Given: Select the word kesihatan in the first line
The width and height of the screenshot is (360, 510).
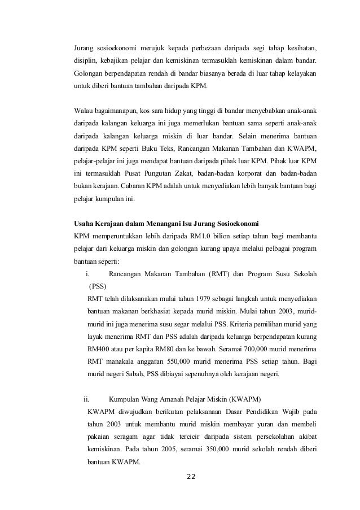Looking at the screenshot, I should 298,46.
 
